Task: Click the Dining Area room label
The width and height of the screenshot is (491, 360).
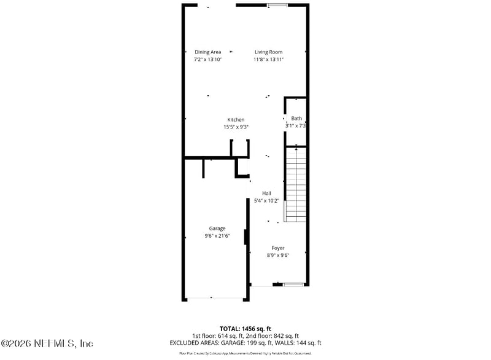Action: point(207,52)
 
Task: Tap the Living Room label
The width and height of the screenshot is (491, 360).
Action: point(268,52)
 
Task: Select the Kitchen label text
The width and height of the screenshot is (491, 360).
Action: point(236,120)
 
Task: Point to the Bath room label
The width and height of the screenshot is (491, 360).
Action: point(296,119)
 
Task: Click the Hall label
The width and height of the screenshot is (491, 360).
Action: point(266,194)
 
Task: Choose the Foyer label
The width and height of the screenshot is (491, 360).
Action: point(278,248)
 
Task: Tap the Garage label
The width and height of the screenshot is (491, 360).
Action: point(217,229)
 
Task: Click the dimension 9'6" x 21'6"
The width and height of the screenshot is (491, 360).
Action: point(217,236)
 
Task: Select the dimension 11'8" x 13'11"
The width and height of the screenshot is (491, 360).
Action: point(268,60)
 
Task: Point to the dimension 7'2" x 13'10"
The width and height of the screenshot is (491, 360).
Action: point(207,60)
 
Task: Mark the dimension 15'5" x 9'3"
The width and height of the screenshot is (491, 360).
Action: point(236,127)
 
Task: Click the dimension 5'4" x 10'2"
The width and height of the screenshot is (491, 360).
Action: point(266,201)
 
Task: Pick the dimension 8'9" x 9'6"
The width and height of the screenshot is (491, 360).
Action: point(278,256)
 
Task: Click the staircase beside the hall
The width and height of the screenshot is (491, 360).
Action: point(296,184)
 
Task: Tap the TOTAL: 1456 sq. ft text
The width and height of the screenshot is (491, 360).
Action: point(245,329)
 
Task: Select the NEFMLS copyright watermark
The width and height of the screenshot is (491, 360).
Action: point(47,343)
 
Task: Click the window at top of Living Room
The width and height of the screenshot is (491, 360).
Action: point(277,5)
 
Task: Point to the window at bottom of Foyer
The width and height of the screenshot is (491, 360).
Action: point(293,284)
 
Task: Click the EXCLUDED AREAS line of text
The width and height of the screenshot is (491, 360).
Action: point(245,343)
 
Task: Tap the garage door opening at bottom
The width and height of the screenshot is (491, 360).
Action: point(215,299)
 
